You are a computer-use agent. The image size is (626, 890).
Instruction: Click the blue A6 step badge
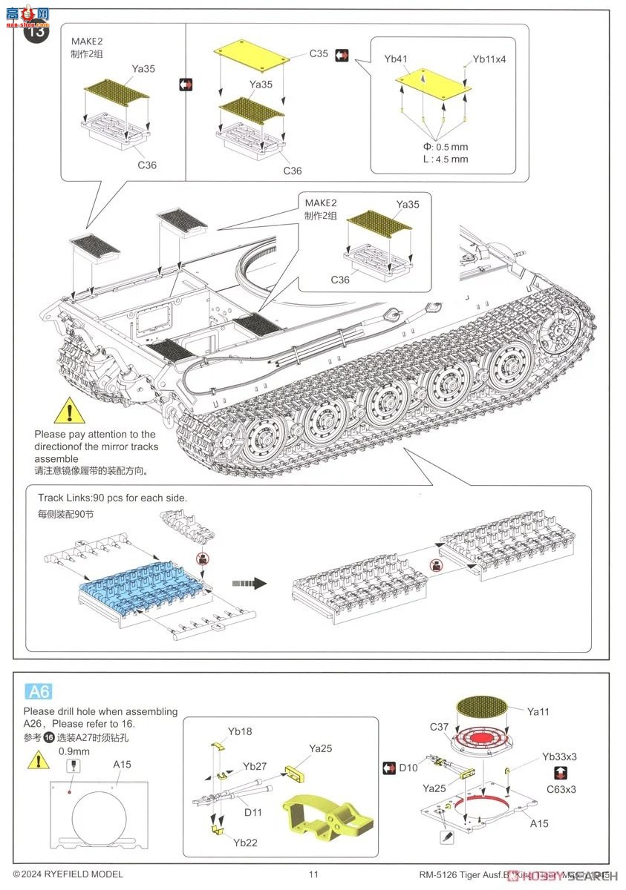tap(39, 691)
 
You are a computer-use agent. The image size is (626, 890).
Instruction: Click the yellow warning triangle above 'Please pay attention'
tap(70, 409)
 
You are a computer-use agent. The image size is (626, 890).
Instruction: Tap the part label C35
tap(319, 53)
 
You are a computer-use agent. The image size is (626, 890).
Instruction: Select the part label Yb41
tap(396, 58)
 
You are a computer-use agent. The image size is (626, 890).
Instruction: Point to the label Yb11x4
tap(489, 59)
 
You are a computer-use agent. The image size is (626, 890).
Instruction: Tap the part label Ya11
tap(539, 711)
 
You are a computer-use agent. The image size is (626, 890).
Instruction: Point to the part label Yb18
tap(240, 731)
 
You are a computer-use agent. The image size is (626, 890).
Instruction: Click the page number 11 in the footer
tap(313, 874)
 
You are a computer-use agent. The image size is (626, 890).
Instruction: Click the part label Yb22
tap(245, 843)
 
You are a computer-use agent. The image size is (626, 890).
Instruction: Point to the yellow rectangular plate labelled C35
tap(252, 56)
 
